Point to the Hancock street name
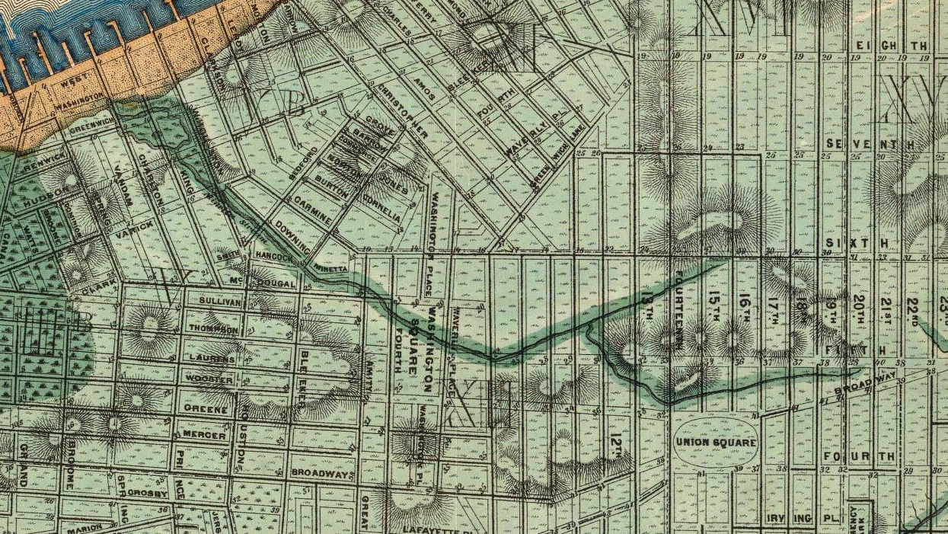[274, 257]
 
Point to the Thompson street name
[213, 329]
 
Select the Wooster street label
[209, 379]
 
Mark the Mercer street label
[205, 435]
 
